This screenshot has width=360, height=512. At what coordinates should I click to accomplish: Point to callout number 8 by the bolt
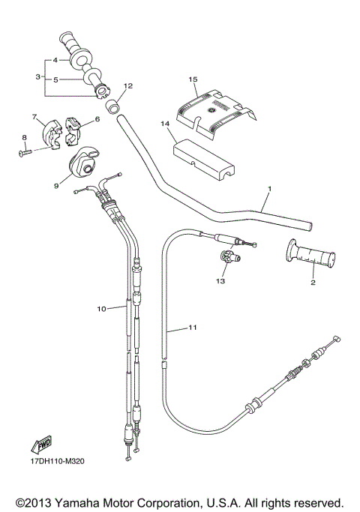tap(24, 136)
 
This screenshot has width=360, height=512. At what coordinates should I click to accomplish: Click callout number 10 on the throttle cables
tap(101, 307)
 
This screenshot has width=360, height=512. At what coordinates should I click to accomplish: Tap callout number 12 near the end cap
tap(127, 86)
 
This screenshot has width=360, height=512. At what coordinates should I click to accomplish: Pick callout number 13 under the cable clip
tap(220, 281)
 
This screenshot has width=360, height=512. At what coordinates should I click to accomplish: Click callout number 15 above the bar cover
tap(193, 78)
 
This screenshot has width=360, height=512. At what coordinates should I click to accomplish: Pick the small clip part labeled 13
tap(226, 259)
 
